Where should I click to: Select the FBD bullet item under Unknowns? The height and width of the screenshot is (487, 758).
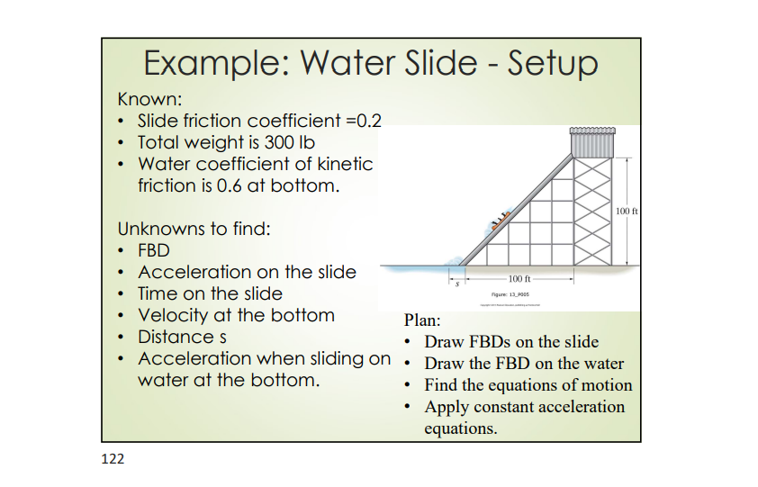(x=154, y=250)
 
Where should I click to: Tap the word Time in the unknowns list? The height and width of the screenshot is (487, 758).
(x=158, y=293)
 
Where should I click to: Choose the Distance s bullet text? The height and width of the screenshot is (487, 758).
(x=181, y=337)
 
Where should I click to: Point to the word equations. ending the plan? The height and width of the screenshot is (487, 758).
(x=460, y=428)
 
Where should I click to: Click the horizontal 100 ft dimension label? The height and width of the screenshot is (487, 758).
(x=520, y=279)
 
